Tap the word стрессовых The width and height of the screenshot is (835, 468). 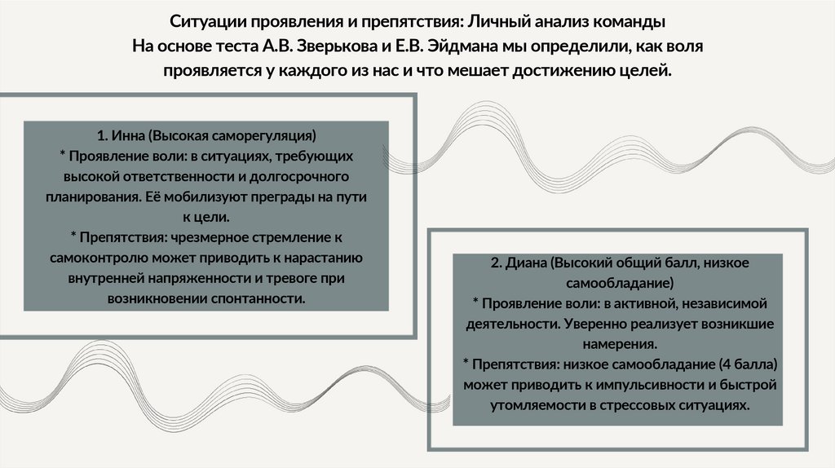tap(639, 404)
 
